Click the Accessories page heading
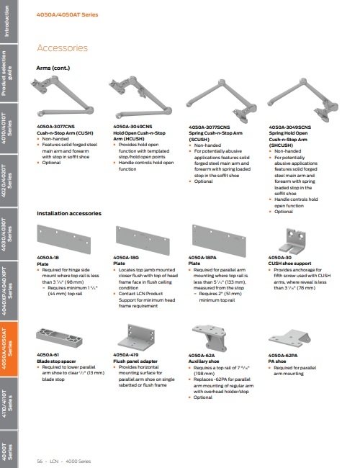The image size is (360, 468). click(62, 48)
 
